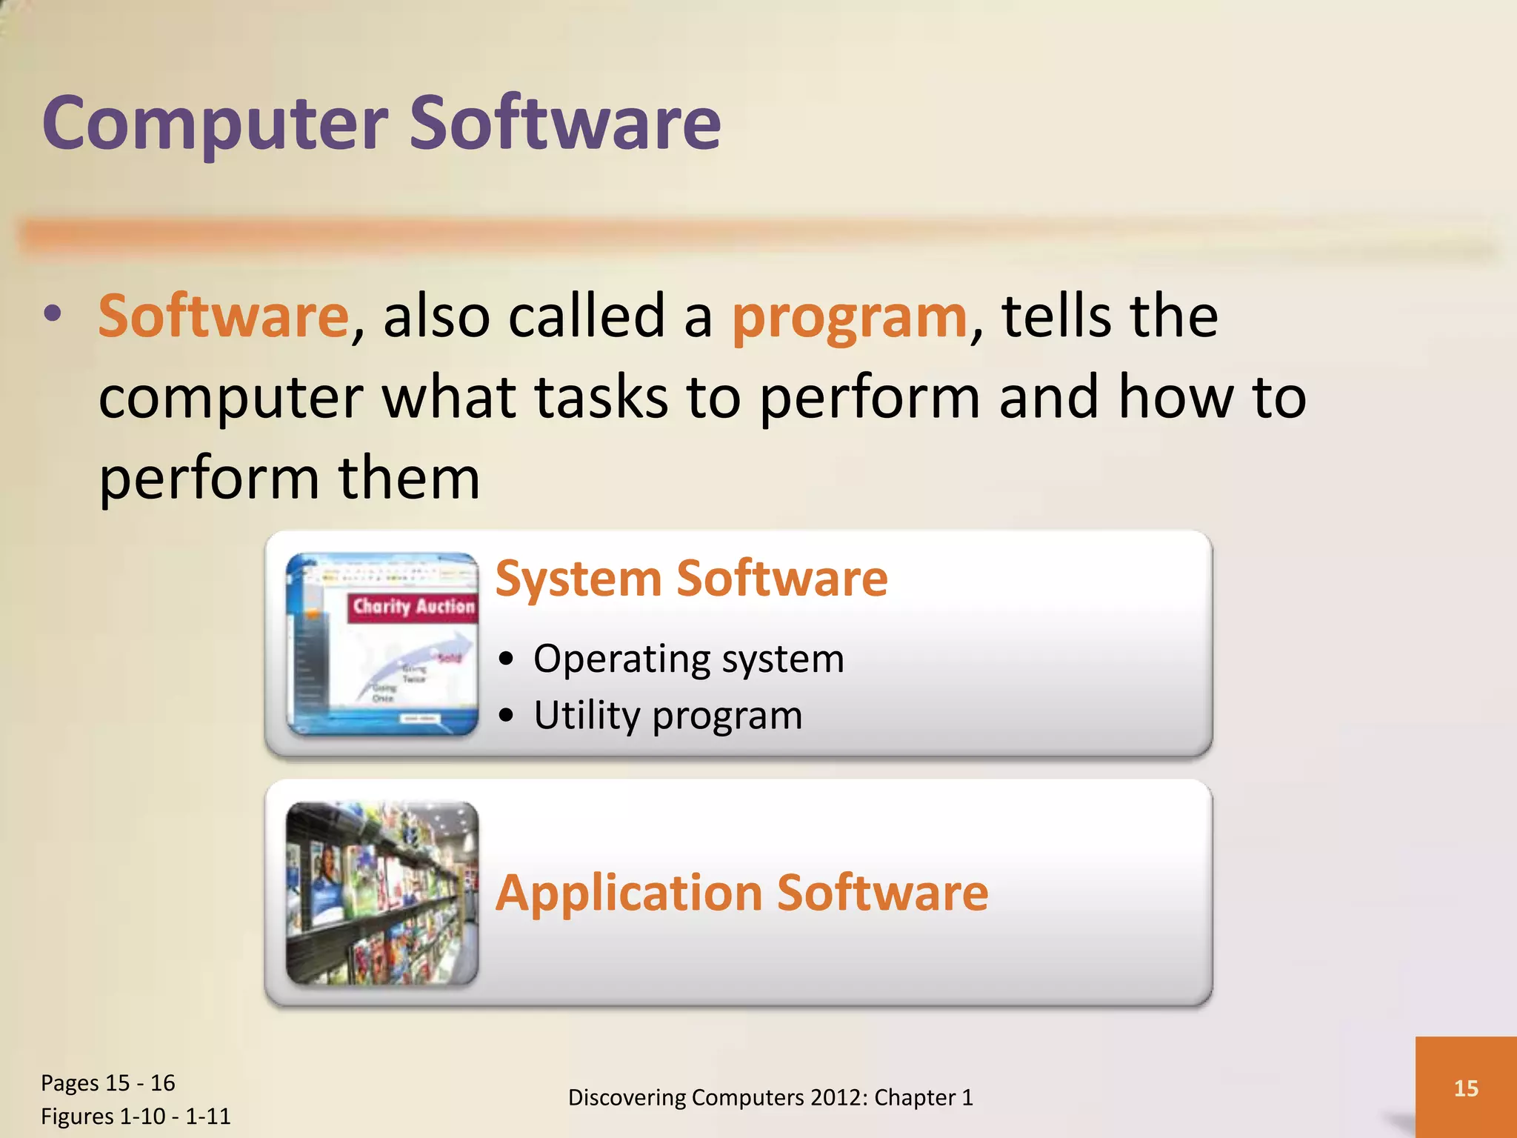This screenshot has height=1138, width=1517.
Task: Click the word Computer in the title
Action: [x=215, y=124]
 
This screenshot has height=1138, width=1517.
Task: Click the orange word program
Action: [x=849, y=317]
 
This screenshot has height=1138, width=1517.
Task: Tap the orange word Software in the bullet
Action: [x=223, y=316]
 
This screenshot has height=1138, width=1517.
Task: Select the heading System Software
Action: [x=691, y=579]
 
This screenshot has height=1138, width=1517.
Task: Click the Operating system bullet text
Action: [x=688, y=659]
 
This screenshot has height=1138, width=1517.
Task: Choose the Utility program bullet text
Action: [x=667, y=716]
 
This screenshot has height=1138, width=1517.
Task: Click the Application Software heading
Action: [x=741, y=893]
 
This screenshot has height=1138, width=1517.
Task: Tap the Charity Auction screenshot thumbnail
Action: [x=382, y=644]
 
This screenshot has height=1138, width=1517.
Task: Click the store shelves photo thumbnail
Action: [x=382, y=894]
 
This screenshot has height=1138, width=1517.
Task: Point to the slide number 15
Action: [x=1465, y=1088]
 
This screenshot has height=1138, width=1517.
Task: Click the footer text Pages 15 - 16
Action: [x=108, y=1083]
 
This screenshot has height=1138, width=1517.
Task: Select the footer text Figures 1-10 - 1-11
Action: [x=136, y=1117]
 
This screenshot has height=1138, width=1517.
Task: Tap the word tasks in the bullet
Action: [x=600, y=398]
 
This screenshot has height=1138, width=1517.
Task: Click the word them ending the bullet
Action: [x=409, y=479]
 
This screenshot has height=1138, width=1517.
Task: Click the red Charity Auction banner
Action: [x=412, y=607]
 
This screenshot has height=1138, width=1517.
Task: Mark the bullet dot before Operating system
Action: [x=506, y=659]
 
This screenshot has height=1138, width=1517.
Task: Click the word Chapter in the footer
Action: [x=914, y=1097]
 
